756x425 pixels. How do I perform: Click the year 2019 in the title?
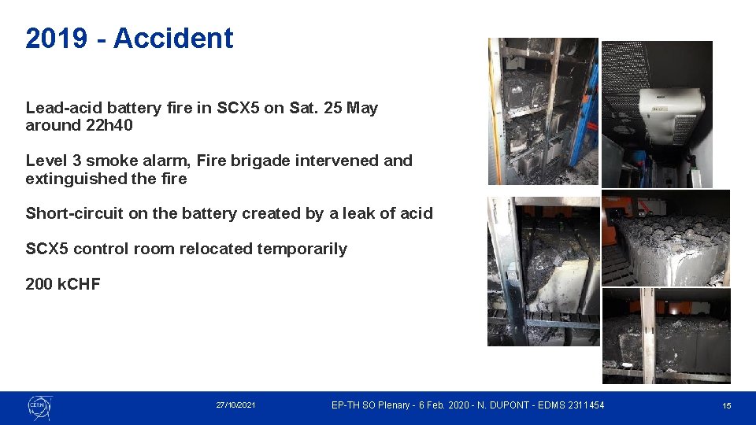(x=56, y=38)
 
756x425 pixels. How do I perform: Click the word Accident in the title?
(x=173, y=38)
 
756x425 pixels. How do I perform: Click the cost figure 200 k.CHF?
(x=63, y=284)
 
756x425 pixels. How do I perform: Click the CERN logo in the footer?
(x=39, y=406)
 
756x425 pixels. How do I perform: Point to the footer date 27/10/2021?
(x=235, y=405)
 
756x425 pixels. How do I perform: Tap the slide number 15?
(x=727, y=406)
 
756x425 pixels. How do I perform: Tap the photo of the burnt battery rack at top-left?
(x=543, y=111)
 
